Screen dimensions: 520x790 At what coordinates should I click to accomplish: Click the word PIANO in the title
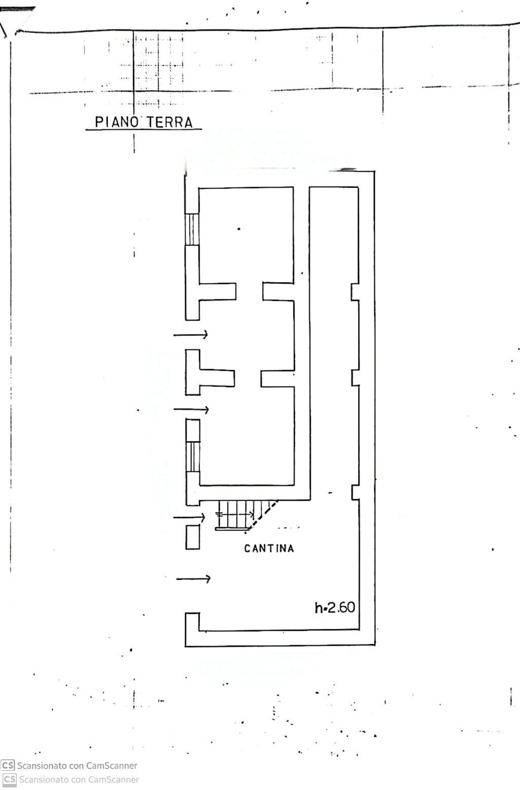coord(117,122)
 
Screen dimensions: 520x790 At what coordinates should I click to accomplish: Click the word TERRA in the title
coord(169,122)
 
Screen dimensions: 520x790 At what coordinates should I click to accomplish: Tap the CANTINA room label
coord(269,548)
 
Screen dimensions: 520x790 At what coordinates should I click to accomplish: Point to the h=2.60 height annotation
coord(335,607)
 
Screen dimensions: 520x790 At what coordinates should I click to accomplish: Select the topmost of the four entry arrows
coord(190,334)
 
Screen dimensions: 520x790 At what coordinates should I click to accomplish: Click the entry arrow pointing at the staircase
coord(189,518)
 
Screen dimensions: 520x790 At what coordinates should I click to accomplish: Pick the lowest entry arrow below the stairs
coord(194,579)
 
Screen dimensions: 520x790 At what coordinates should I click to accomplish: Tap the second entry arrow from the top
coord(191,409)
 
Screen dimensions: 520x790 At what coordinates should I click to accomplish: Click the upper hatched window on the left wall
coord(192,229)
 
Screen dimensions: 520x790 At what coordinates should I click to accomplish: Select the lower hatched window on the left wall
coord(193,456)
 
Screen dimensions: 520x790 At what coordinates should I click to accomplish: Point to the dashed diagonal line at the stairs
coord(262,517)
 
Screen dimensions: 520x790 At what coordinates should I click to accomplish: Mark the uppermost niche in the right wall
coord(355,292)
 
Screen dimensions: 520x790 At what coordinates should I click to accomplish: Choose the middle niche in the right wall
coord(355,377)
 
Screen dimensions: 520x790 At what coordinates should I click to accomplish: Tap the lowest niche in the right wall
coord(355,492)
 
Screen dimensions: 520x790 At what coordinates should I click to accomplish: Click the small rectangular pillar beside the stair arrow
coord(192,537)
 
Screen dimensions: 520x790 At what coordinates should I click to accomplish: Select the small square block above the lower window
coord(193,430)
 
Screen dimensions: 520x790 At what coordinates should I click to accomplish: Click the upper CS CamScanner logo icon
coord(8,765)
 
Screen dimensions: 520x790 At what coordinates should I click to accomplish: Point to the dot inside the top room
coord(239,229)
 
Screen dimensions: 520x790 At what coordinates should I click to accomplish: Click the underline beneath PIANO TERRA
coord(144,130)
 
